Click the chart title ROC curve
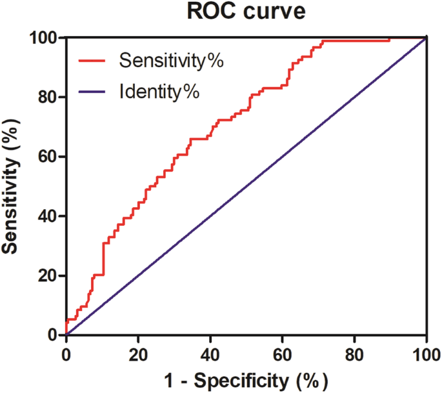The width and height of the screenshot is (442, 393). (x=246, y=12)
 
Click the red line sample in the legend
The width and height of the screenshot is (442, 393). (x=95, y=61)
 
